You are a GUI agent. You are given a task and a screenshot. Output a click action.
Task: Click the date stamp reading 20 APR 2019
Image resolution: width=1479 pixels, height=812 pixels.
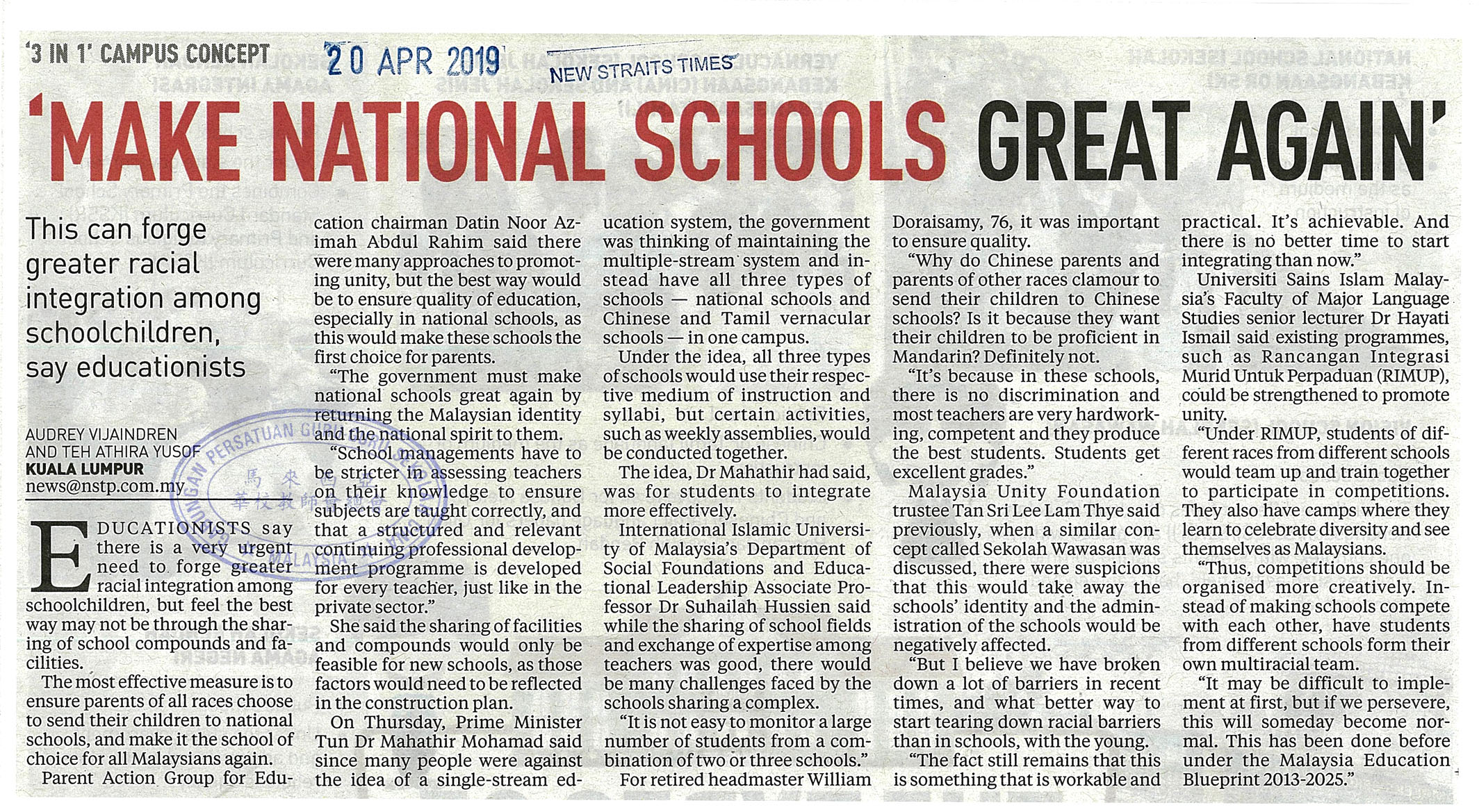point(414,61)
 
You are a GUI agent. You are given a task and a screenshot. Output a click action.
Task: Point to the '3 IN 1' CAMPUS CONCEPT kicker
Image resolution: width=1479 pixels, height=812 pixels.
point(147,55)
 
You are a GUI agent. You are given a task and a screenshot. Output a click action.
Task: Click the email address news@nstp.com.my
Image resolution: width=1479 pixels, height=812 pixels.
point(105,486)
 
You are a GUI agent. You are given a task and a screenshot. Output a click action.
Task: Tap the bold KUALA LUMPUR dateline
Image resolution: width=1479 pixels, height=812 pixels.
point(85,469)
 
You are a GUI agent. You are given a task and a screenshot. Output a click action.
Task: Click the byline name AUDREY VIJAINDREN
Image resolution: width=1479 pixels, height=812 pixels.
point(101,434)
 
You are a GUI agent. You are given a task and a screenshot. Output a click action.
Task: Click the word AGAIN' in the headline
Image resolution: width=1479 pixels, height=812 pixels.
point(1325,141)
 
